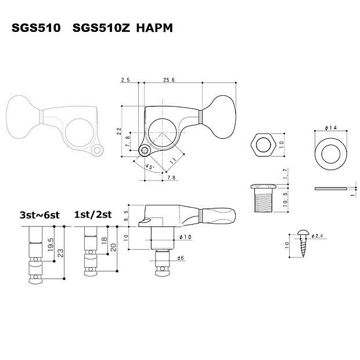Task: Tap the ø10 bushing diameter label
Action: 186,236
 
